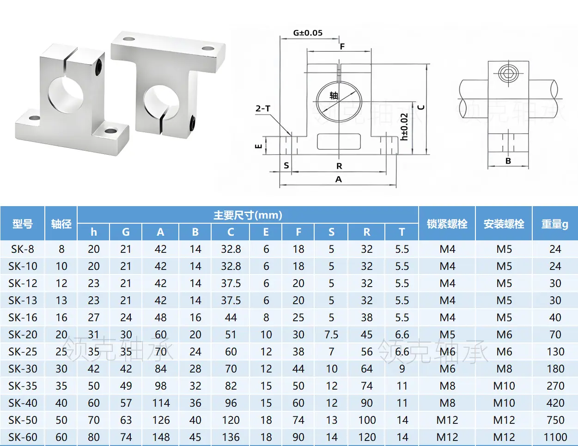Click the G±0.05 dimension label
click(x=308, y=33)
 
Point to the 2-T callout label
click(x=263, y=109)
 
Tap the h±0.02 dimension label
click(x=404, y=127)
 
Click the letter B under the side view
click(x=508, y=161)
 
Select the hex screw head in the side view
click(x=508, y=73)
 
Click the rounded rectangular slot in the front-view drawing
click(x=339, y=141)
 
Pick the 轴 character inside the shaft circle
click(x=334, y=95)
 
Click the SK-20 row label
click(x=23, y=335)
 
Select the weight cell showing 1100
click(x=555, y=437)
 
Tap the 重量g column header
click(x=555, y=224)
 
